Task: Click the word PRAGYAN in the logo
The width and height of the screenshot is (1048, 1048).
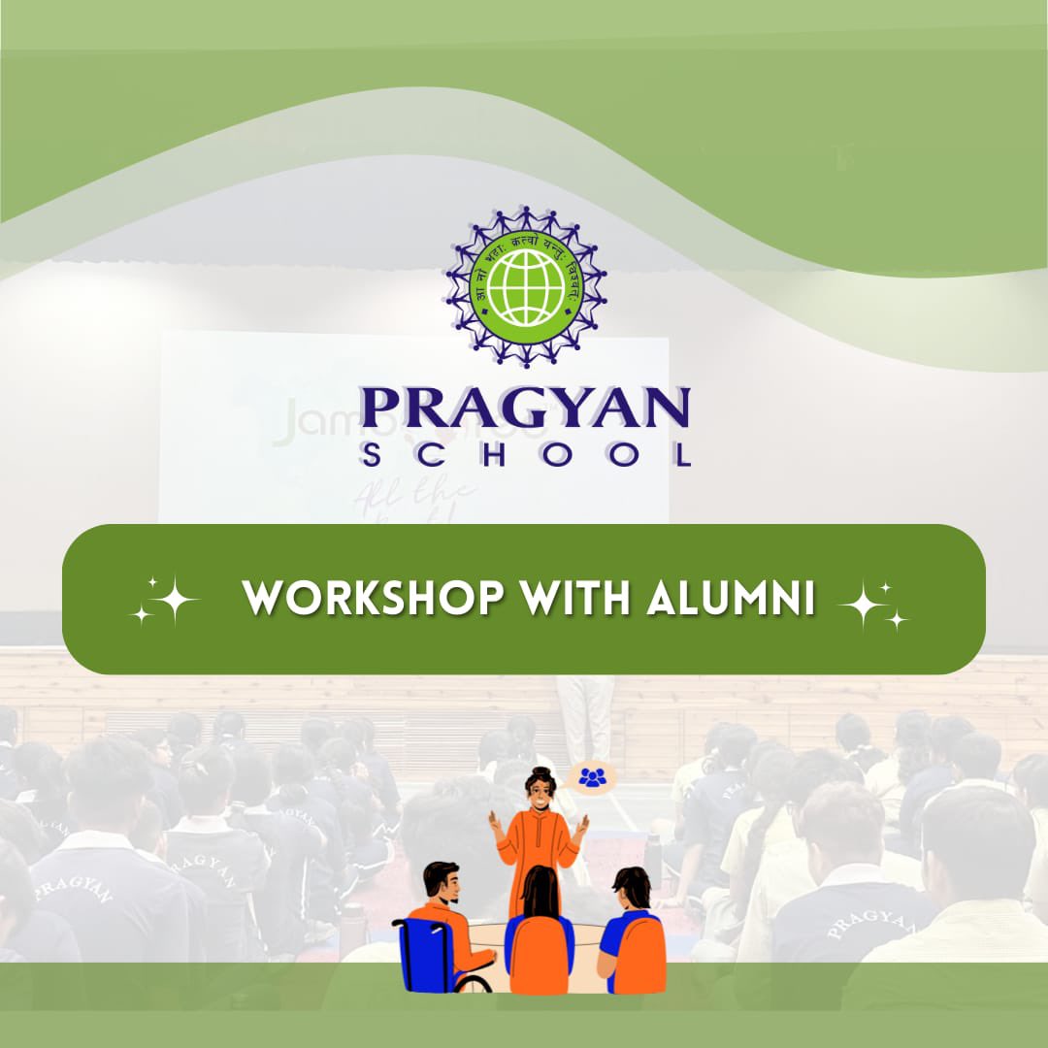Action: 525,408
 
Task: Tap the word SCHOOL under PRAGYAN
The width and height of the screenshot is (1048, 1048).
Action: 525,455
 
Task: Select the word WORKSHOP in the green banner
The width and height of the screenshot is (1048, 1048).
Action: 374,600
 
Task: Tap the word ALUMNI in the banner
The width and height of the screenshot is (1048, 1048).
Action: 730,600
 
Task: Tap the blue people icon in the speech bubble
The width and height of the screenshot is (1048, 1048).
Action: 592,776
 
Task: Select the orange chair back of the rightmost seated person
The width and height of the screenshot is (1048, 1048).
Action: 641,956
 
